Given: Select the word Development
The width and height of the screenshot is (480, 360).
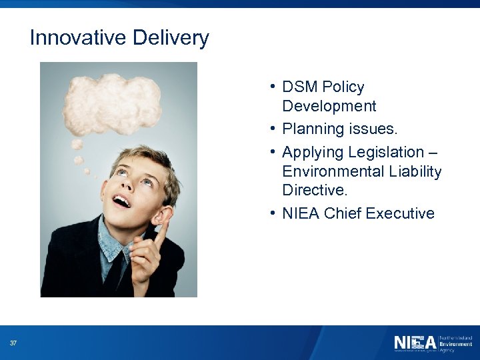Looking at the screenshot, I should pyautogui.click(x=329, y=106).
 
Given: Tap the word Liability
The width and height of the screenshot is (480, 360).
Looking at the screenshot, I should pyautogui.click(x=413, y=171).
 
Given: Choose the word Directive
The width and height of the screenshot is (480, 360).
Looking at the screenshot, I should pyautogui.click(x=315, y=190).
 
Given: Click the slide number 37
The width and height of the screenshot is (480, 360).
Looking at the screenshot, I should pyautogui.click(x=13, y=343).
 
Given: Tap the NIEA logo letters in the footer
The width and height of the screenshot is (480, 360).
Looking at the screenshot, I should pyautogui.click(x=414, y=343).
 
